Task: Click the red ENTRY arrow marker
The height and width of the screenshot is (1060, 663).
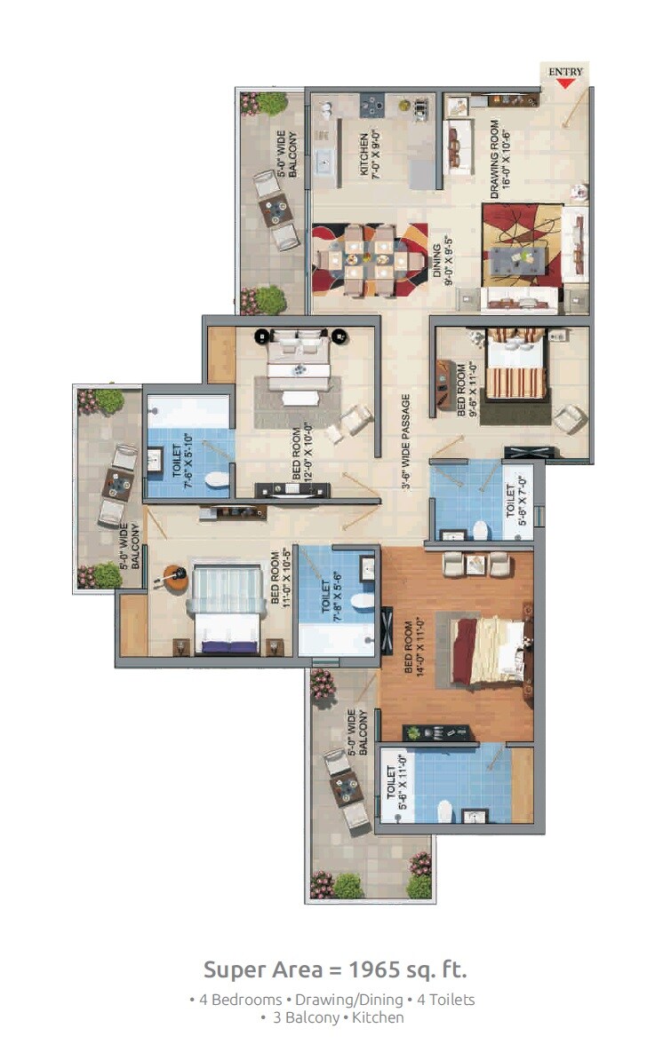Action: [566, 83]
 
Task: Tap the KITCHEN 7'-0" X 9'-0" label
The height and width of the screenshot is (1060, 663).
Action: [370, 155]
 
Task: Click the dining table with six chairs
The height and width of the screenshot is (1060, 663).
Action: [368, 259]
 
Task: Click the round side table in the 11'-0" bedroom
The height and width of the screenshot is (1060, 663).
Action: [175, 577]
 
